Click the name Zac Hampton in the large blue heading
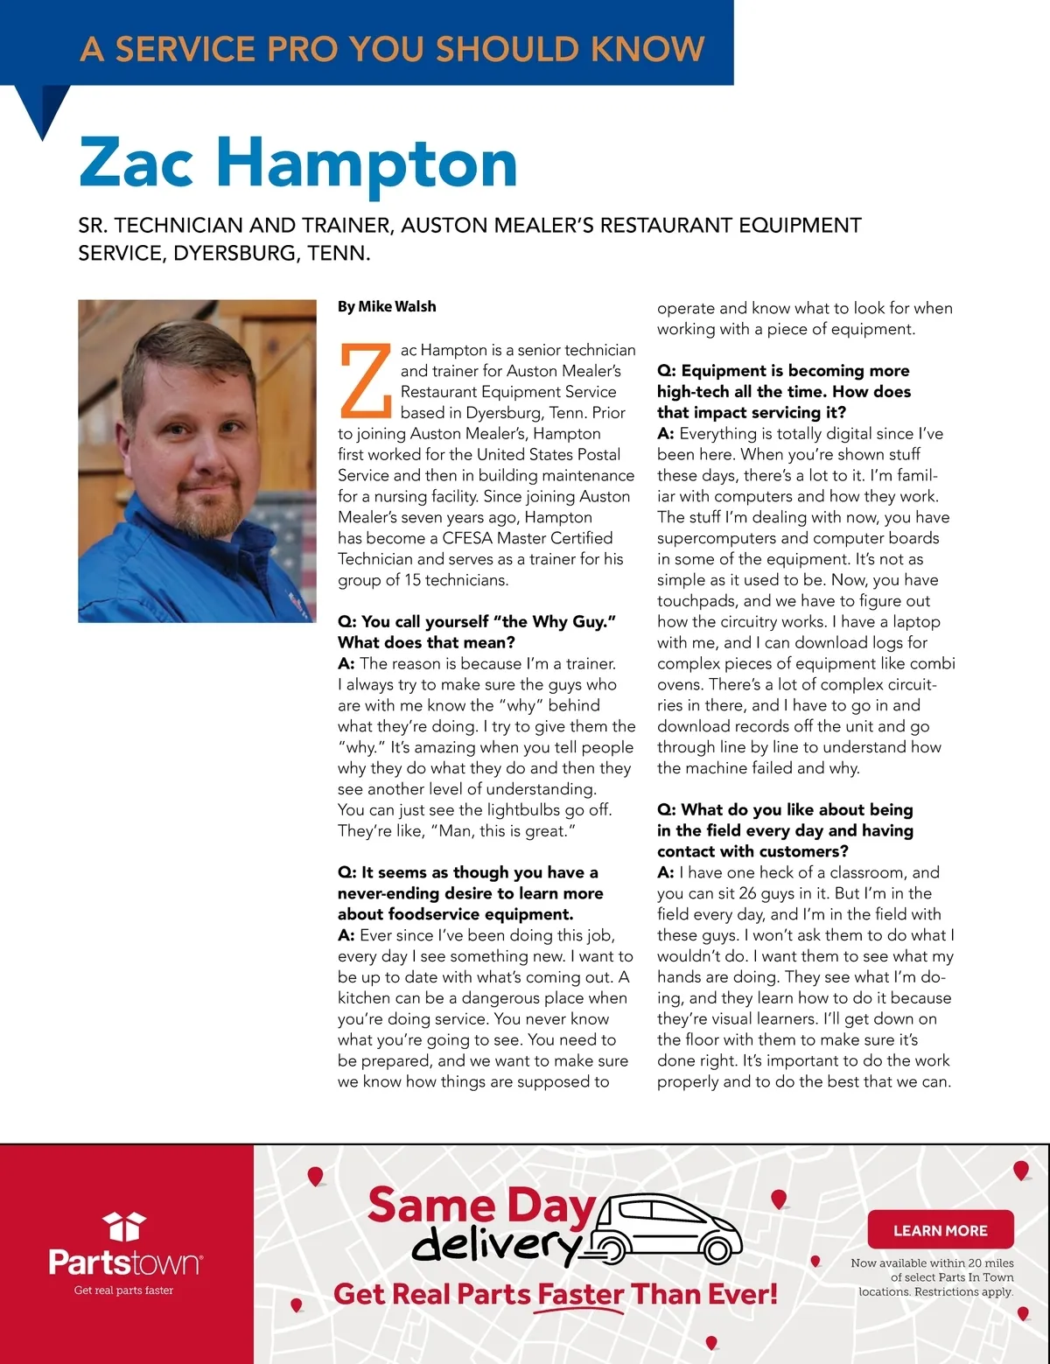(297, 164)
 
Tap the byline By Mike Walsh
(387, 307)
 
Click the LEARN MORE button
(940, 1230)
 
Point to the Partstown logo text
(124, 1263)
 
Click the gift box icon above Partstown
(123, 1226)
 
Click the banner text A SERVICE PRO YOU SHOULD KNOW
(392, 49)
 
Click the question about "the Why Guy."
(477, 632)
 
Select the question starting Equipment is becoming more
(784, 391)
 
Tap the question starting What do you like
(785, 830)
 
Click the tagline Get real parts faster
(123, 1291)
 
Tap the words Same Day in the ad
(480, 1205)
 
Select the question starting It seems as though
(470, 893)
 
